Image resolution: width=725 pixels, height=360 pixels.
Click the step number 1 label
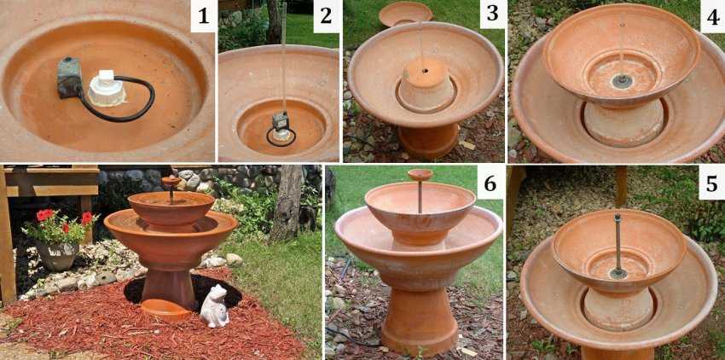coord(204,17)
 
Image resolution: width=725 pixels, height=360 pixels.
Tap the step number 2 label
coord(326,17)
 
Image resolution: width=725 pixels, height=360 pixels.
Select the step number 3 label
coord(492,14)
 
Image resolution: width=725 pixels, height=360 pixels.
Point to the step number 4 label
coord(712,17)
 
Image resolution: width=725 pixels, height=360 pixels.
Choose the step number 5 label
coord(711,184)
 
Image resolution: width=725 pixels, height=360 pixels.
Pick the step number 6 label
coord(490,184)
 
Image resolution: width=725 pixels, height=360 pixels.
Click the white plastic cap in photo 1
coord(107,88)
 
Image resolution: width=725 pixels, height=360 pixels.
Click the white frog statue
coord(215,306)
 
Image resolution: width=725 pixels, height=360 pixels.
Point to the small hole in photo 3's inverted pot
coord(424,72)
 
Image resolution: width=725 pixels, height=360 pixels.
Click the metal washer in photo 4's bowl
coord(622,81)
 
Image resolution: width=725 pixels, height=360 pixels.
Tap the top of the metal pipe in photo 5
coord(617,216)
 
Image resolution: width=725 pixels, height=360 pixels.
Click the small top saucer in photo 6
coord(420,175)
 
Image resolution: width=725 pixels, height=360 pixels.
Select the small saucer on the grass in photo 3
coord(405,14)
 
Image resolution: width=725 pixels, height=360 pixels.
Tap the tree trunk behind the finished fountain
coord(287,204)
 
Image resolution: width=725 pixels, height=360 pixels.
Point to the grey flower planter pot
coord(58,254)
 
